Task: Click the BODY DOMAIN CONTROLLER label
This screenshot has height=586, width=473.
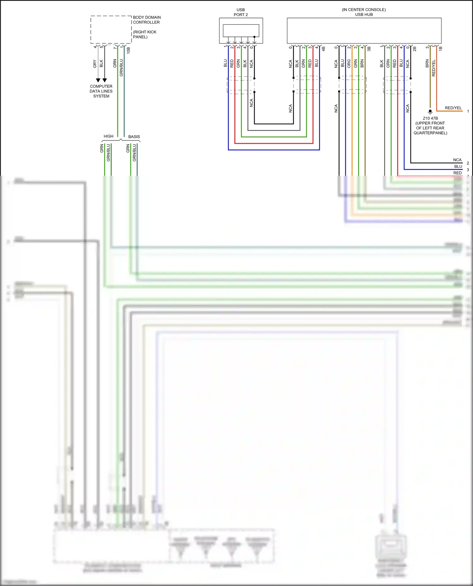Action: pyautogui.click(x=147, y=20)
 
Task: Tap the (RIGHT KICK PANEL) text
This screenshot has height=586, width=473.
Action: pyautogui.click(x=144, y=34)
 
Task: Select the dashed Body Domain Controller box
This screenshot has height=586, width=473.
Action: pyautogui.click(x=111, y=30)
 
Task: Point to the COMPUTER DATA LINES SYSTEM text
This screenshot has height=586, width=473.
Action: pyautogui.click(x=101, y=91)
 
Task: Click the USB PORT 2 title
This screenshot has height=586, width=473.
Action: pyautogui.click(x=241, y=12)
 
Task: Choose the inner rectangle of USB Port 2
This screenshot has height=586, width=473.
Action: pyautogui.click(x=241, y=31)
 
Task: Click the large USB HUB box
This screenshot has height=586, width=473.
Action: pyautogui.click(x=364, y=31)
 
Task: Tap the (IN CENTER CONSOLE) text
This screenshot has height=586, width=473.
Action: pyautogui.click(x=364, y=10)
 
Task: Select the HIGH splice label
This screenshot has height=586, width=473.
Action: pyautogui.click(x=108, y=136)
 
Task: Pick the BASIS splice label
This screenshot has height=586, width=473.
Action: pyautogui.click(x=134, y=137)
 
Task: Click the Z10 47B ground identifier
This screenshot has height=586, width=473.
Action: pyautogui.click(x=430, y=118)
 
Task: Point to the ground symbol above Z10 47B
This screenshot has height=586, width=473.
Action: pyautogui.click(x=430, y=111)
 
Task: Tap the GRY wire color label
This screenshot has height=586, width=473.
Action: pyautogui.click(x=95, y=64)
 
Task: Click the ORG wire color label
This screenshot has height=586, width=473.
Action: pyautogui.click(x=349, y=64)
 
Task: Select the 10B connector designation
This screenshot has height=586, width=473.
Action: pyautogui.click(x=128, y=50)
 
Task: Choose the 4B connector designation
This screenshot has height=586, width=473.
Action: pyautogui.click(x=323, y=49)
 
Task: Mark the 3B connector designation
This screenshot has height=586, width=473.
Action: pyautogui.click(x=369, y=49)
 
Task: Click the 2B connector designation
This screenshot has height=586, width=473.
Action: pyautogui.click(x=415, y=49)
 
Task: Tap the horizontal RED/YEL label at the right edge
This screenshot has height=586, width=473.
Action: pyautogui.click(x=453, y=108)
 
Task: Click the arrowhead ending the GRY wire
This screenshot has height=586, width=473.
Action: pyautogui.click(x=98, y=80)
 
